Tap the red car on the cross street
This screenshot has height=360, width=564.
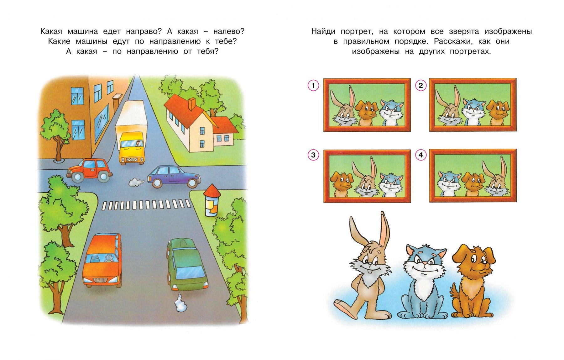[x=90, y=170]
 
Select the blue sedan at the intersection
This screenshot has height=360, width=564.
[x=174, y=177]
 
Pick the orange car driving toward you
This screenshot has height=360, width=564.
[x=102, y=260]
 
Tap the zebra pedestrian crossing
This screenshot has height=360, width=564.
[x=146, y=205]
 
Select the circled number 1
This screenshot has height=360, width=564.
[x=313, y=85]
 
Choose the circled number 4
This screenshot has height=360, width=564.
[x=421, y=155]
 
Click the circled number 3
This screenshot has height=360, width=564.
[x=313, y=155]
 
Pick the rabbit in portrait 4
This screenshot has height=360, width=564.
[x=495, y=179]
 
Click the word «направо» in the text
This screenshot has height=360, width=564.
[x=144, y=31]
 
